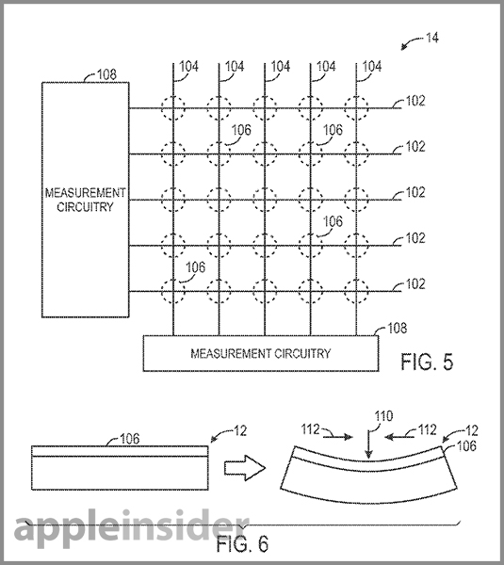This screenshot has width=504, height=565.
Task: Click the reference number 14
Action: pos(432,38)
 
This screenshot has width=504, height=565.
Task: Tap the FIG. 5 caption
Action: pos(427,362)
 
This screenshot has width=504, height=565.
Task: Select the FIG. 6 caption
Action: pos(242,543)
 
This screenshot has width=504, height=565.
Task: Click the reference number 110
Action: pos(383,416)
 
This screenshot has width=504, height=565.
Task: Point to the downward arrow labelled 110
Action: pos(368,444)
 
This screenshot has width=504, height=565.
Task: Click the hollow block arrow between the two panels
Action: pos(245,468)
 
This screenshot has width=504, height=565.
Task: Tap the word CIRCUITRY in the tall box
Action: pos(85,207)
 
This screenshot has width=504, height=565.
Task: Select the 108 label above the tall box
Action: pos(107,74)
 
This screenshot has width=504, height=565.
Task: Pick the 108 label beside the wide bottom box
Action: pos(398,328)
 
